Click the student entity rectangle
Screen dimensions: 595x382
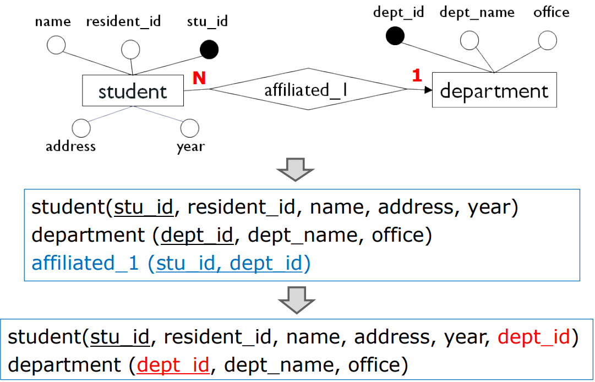[x=133, y=91]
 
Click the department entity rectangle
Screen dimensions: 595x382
[x=494, y=90]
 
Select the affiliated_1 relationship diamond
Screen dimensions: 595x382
[x=307, y=89]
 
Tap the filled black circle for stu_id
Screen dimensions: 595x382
[x=209, y=50]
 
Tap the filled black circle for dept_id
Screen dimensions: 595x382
[x=395, y=36]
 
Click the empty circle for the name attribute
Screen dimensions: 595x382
[x=56, y=45]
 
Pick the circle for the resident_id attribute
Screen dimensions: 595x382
[x=130, y=50]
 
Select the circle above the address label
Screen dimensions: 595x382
[x=81, y=128]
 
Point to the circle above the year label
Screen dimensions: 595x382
[x=189, y=128]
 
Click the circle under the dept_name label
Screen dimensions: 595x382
[x=469, y=40]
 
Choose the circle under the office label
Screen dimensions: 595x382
[x=547, y=40]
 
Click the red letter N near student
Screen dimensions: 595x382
[x=199, y=78]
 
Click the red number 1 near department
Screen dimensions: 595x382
[x=417, y=75]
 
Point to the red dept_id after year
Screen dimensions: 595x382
[x=533, y=337]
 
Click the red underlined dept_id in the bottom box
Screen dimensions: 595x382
[x=173, y=364]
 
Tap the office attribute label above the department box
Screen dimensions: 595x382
[x=551, y=12]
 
